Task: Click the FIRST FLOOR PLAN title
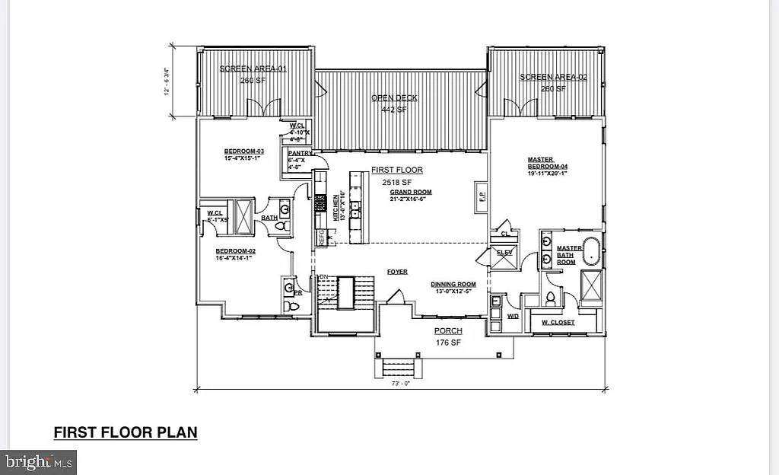126,432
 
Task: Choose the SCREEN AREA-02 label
554,77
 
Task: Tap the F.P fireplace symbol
481,195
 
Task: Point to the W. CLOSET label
558,323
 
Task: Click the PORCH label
448,331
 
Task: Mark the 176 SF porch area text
448,342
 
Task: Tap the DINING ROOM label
453,283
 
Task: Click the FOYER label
397,271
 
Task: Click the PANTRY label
298,153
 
